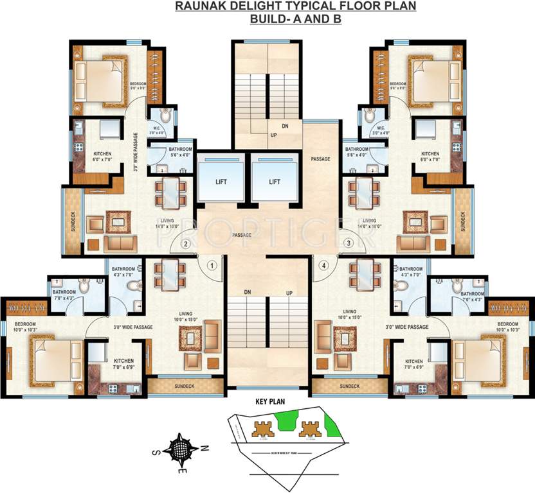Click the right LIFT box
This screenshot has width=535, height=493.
275,182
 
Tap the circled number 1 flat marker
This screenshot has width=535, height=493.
212,264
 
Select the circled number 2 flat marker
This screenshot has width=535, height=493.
186,243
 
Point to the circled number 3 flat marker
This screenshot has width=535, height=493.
349,243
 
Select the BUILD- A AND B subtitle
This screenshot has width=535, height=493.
295,19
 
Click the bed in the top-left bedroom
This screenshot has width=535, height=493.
100,80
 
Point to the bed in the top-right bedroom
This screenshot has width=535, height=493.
434,80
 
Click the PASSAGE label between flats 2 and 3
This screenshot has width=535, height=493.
242,235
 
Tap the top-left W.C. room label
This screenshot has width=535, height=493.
154,128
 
